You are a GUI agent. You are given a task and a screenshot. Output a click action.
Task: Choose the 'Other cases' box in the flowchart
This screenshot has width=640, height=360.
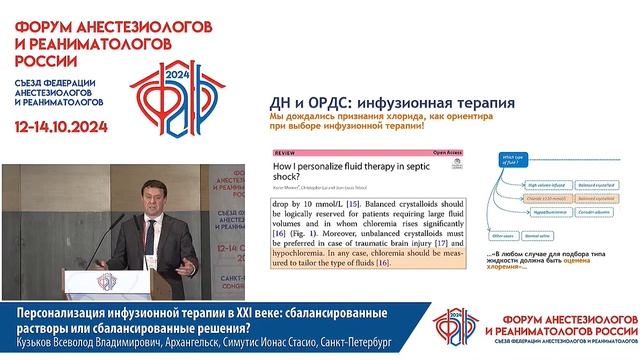[x=516, y=238]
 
